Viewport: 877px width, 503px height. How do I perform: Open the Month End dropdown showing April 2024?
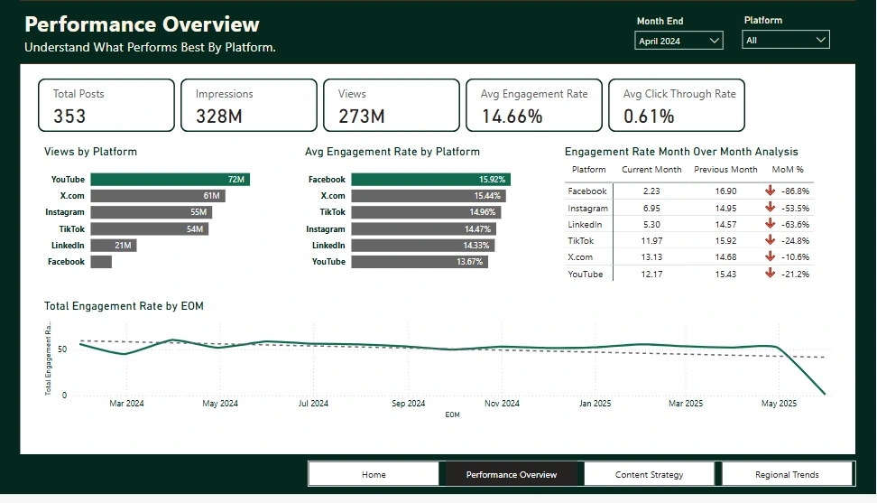[679, 41]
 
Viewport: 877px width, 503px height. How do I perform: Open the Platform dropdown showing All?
[785, 40]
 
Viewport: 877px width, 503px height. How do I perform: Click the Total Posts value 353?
[69, 116]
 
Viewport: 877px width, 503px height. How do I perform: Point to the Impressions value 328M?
[219, 116]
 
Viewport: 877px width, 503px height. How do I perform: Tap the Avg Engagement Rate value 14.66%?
[512, 116]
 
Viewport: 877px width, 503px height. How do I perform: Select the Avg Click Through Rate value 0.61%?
[649, 116]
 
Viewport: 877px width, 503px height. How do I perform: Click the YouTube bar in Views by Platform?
[170, 180]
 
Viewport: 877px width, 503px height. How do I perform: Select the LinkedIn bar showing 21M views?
[114, 246]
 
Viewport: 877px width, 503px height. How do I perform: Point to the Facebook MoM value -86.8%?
[796, 191]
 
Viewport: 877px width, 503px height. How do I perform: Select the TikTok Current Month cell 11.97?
[653, 241]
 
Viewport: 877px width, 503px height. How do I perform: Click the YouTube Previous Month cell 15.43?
[725, 274]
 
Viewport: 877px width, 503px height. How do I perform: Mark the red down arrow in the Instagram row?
[770, 208]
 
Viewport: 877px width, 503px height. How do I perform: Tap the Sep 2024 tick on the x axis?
[408, 404]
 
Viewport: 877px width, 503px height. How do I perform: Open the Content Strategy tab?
[649, 474]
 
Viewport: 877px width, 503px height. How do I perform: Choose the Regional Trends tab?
[787, 474]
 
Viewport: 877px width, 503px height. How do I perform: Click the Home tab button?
[374, 474]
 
